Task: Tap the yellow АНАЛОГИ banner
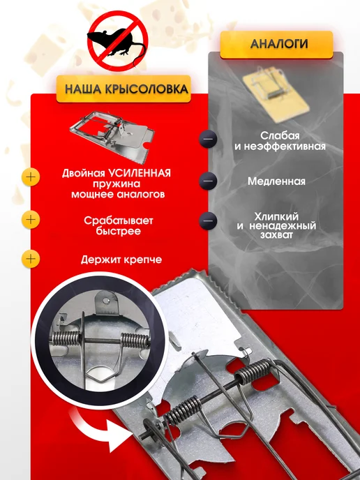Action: coord(276,45)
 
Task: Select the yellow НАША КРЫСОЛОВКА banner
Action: coord(123,89)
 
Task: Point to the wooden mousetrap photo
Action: coord(276,94)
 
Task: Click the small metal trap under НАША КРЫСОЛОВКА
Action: coord(112,135)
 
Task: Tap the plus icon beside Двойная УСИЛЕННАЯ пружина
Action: coord(31,177)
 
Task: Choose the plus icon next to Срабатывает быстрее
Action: coord(31,220)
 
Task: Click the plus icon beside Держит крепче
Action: coord(31,259)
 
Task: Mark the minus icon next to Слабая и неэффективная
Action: coord(208,139)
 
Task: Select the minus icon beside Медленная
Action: coord(208,181)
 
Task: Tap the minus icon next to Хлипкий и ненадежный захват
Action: coord(208,220)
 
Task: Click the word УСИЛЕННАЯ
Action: coord(140,173)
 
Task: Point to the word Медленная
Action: coord(276,181)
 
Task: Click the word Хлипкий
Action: coord(276,217)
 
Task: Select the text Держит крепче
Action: coord(121,260)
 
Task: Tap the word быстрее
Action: coord(118,231)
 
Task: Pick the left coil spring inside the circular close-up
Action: coord(66,338)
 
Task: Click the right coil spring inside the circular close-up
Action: coord(135,340)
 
